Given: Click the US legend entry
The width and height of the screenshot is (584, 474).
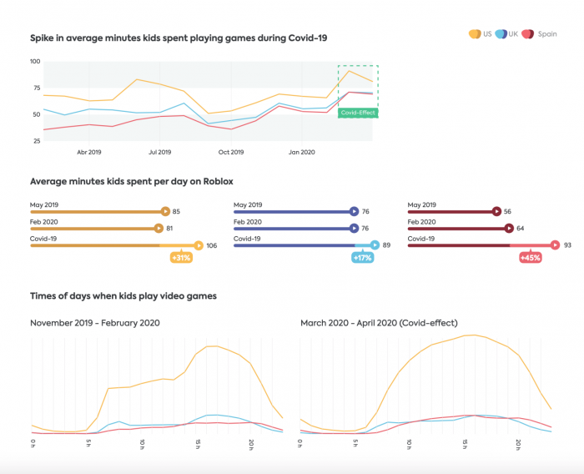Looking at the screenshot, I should [481, 33].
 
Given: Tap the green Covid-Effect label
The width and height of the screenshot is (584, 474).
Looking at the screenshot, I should [357, 112].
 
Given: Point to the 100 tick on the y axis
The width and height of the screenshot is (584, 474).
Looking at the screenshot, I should [35, 62].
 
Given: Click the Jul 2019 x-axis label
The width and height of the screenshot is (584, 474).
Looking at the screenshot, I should [159, 153].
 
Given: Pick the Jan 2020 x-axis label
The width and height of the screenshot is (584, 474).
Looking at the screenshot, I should [301, 153].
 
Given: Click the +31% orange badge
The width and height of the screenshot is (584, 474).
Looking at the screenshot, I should [180, 258].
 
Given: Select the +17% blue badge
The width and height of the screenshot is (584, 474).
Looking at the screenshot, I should [362, 258].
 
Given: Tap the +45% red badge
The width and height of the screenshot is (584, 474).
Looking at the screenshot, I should [530, 258].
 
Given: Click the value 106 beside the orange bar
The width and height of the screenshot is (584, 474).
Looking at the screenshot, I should [212, 245].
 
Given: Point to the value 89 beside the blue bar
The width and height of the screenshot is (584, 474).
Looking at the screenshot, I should [387, 245].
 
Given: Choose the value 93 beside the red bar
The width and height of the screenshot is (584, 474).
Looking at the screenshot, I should [567, 245].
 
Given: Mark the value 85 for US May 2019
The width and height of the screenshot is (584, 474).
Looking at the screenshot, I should [176, 212].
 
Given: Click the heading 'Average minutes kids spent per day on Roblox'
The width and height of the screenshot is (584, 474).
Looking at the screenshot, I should [131, 181].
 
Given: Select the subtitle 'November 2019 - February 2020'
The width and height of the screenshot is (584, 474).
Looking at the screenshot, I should [95, 322].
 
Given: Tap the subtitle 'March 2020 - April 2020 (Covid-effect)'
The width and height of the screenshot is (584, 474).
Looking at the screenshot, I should [379, 322].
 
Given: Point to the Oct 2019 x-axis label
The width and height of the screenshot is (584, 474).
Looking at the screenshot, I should [231, 153].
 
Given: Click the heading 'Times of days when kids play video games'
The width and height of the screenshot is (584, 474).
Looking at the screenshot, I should [123, 295].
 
